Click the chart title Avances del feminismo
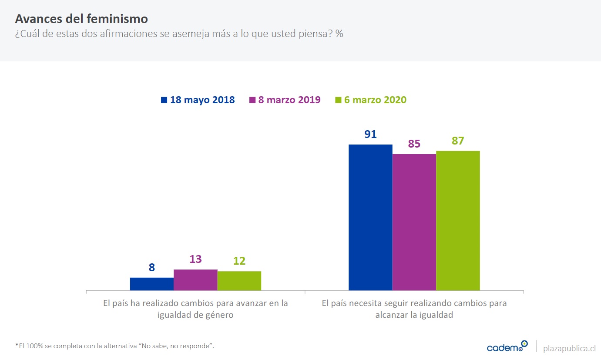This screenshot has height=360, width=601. click(81, 19)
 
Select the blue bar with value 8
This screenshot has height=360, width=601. click(151, 284)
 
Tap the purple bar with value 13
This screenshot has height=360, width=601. click(195, 280)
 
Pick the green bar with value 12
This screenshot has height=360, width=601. click(239, 281)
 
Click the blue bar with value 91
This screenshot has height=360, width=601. click(370, 217)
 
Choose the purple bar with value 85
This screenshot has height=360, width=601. click(414, 222)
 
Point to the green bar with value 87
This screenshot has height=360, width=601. click(458, 220)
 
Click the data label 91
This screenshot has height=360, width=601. click(370, 134)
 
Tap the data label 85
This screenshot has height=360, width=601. click(414, 144)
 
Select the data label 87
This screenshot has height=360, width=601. click(458, 141)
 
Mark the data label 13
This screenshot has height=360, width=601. click(195, 259)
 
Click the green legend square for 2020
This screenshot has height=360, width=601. click(338, 100)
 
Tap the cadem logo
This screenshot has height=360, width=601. click(507, 347)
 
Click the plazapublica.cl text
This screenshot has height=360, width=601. click(569, 348)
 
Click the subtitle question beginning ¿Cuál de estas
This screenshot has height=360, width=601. click(179, 34)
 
